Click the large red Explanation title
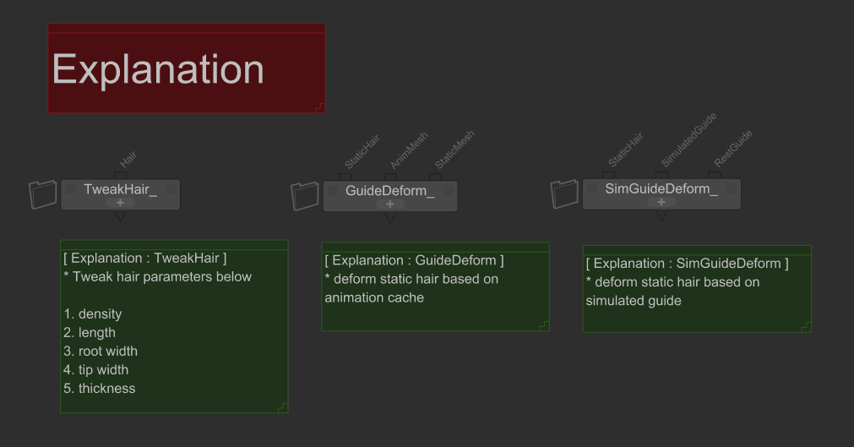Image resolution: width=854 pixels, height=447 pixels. tap(158, 70)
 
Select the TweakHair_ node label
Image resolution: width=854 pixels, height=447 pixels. tap(120, 189)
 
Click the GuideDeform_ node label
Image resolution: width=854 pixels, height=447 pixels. tap(390, 191)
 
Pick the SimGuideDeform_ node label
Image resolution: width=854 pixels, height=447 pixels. tap(661, 188)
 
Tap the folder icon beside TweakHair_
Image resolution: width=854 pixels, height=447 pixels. tap(42, 194)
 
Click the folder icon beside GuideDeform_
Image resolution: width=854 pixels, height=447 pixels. tap(305, 196)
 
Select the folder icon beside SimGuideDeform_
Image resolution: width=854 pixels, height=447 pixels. tap(564, 194)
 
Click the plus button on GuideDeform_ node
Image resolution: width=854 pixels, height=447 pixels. tap(390, 204)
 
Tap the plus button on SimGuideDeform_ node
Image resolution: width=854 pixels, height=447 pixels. tap(661, 202)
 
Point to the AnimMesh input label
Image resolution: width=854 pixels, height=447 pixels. tap(409, 150)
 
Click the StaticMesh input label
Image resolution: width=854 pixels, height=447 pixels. tap(454, 150)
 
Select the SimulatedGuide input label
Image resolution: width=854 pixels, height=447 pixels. tap(689, 139)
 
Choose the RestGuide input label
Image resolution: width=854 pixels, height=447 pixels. tap(733, 148)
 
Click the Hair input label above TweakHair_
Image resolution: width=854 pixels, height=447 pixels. tap(128, 159)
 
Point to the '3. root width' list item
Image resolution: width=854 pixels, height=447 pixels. tap(101, 351)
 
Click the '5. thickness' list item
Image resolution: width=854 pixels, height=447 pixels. tap(99, 388)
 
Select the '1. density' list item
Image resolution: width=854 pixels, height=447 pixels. tap(93, 314)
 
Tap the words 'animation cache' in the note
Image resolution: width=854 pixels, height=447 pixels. tap(374, 297)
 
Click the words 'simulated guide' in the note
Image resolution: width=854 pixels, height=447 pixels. tap(634, 301)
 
